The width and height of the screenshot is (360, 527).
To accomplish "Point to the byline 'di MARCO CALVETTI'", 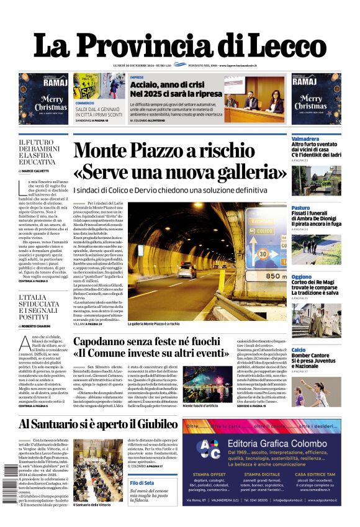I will (x=35, y=171).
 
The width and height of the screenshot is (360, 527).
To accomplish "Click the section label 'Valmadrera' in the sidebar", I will (x=305, y=139).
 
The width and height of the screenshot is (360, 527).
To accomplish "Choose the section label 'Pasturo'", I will (x=300, y=208).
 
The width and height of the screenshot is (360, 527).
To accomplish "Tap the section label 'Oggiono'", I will (x=302, y=277).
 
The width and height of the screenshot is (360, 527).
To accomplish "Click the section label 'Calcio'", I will (x=299, y=350).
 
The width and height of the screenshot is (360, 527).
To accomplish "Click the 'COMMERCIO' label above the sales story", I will (x=85, y=103).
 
